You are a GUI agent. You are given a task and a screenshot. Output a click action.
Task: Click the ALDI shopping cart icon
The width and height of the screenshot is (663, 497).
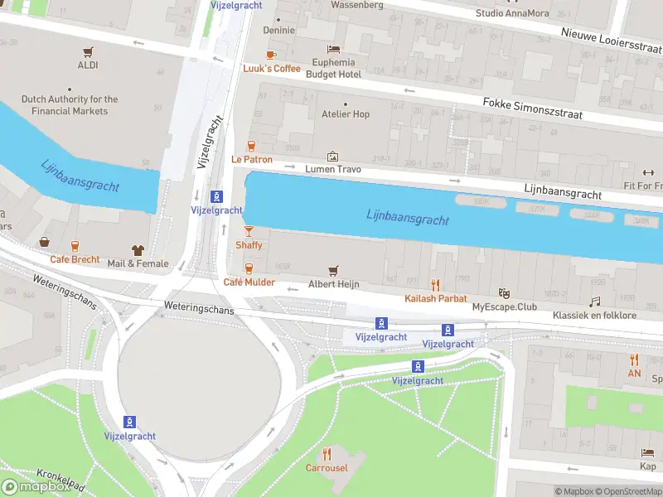coord(88,51)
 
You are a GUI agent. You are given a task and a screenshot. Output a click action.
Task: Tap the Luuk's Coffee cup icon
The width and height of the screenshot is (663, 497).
coord(271,55)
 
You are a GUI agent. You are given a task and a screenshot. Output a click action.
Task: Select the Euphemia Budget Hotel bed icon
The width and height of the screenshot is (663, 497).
coord(334,50)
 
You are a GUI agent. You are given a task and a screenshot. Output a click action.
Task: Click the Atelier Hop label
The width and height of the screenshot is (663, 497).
coord(345,114)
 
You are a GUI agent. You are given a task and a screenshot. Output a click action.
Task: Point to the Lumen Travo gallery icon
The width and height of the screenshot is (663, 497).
coord(333,156)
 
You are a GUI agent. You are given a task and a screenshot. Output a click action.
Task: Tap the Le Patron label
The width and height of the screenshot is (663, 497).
coord(251,159)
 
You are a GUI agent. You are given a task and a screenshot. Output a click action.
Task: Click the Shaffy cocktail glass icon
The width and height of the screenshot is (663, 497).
coord(249,231)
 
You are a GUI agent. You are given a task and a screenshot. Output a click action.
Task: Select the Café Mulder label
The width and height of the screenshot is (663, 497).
coord(249,282)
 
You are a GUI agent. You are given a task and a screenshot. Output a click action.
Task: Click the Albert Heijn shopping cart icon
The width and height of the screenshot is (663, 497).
coord(333,270)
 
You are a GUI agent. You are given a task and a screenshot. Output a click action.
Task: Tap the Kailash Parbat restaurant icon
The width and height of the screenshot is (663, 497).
coord(435,285)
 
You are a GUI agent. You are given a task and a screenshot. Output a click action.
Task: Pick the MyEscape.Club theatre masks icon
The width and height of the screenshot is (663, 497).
coord(502,293)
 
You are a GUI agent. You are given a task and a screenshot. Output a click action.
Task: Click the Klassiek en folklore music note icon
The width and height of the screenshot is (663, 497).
coord(594,302)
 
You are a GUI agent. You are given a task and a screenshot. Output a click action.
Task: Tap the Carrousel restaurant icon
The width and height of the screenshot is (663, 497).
coord(327,454)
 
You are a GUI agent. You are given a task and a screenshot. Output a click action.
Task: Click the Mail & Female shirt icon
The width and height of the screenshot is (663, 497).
coord(138,250)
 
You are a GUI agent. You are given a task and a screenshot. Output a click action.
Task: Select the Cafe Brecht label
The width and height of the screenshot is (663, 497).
coord(75,259)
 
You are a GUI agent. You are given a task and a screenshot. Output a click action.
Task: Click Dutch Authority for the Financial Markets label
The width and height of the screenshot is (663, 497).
coord(70,105)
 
